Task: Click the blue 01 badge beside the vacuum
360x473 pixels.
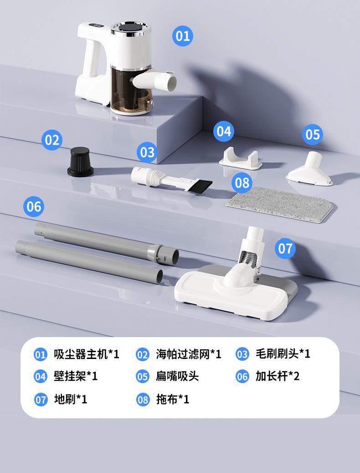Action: point(182,36)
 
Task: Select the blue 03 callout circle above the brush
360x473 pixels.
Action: point(147,152)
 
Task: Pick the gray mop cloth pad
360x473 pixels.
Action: point(279,204)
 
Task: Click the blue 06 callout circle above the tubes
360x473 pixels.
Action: point(34,207)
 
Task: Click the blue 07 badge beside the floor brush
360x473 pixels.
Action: point(285,249)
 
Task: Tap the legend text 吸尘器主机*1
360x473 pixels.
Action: point(86,354)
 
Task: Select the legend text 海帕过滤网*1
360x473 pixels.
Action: point(188,354)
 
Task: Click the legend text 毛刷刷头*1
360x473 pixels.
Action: point(283,354)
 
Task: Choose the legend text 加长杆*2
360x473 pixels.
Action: point(278,377)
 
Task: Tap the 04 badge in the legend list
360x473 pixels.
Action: point(41,377)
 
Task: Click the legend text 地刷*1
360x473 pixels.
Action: point(70,400)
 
